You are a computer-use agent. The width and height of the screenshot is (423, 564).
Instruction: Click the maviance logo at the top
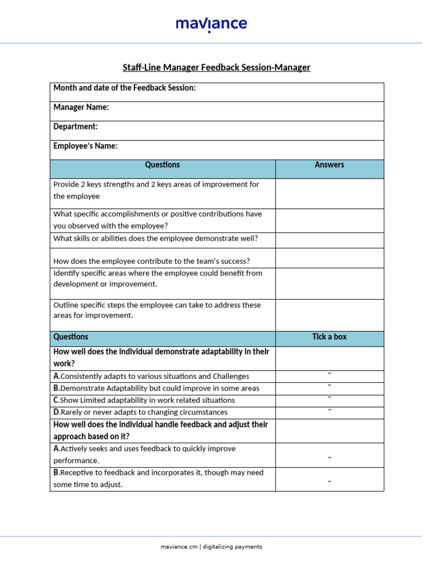(x=211, y=25)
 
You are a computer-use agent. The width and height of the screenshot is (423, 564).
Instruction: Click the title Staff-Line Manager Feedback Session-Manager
(x=216, y=68)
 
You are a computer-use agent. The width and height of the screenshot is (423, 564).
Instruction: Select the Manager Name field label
(x=81, y=107)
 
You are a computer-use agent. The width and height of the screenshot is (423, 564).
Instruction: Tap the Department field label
(x=75, y=127)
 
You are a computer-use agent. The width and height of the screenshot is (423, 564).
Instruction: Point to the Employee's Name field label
(x=85, y=146)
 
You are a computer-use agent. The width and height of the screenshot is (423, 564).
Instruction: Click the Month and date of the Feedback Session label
(x=124, y=88)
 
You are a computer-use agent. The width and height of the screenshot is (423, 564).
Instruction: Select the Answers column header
(x=329, y=165)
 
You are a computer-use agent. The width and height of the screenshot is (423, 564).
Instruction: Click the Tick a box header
(x=329, y=337)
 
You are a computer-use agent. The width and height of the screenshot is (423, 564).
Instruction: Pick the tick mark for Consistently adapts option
(x=329, y=375)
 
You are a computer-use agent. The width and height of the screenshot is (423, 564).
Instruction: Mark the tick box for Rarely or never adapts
(x=329, y=410)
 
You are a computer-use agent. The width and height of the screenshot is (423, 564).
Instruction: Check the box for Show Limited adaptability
(x=329, y=398)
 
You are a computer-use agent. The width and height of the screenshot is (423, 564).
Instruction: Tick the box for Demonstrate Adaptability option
(x=329, y=387)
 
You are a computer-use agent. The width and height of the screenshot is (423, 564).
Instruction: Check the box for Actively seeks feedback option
(x=329, y=458)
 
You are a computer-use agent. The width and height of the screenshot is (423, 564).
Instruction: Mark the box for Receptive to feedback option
(x=329, y=482)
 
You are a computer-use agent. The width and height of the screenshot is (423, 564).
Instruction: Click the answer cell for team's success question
(x=329, y=258)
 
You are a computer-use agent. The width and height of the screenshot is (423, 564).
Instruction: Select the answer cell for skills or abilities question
(x=329, y=240)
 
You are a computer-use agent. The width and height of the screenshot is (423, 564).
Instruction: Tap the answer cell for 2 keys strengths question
(x=329, y=193)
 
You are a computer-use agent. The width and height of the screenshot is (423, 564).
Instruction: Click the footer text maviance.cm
(x=178, y=547)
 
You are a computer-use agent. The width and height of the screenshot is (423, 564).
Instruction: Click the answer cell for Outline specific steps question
(x=329, y=315)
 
